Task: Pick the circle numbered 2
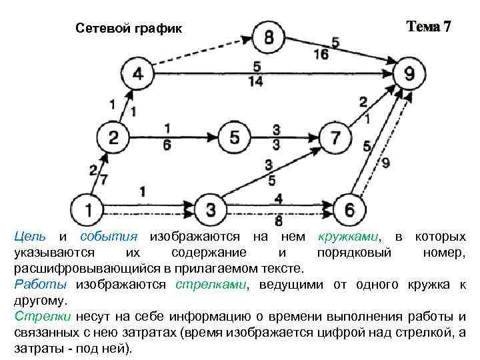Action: [113, 138]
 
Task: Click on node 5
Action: [235, 138]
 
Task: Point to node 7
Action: [335, 138]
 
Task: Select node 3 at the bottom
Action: [211, 210]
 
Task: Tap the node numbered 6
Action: [349, 210]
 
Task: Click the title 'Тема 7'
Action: [429, 27]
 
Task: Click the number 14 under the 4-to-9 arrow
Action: [257, 81]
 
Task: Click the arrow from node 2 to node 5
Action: [173, 138]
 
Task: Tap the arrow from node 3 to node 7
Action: [273, 175]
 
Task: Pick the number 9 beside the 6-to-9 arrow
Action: [386, 163]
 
